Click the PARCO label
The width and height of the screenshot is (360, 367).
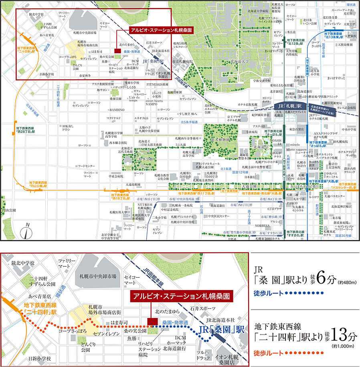296,202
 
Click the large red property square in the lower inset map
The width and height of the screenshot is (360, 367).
152,322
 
